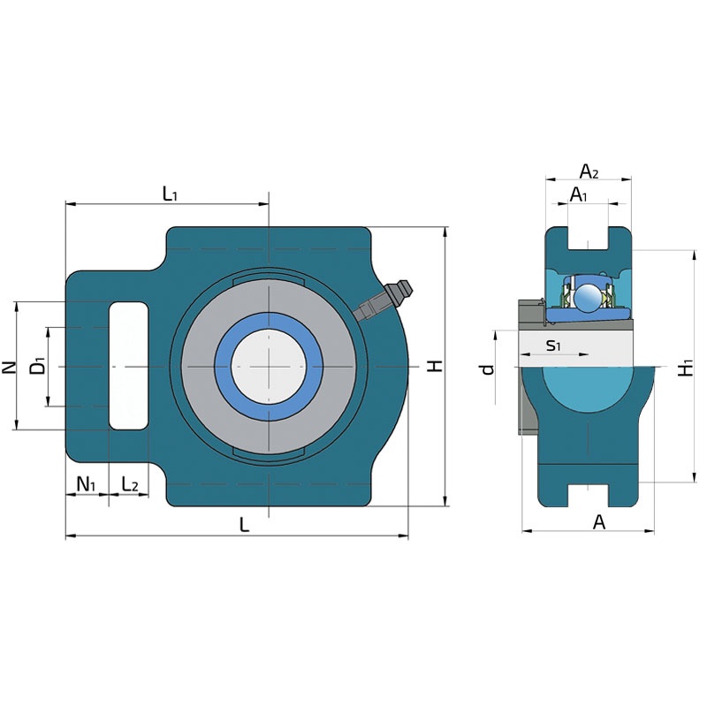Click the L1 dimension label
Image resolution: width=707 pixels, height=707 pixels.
pos(170,194)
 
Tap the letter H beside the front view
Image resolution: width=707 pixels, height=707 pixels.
pos(435,366)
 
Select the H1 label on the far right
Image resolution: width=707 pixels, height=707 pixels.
pos(686,368)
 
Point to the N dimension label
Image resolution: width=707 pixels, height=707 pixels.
pos(9,368)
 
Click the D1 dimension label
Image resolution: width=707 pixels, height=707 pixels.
pos(38,365)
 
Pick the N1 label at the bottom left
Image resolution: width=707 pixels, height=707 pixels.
pos(86,484)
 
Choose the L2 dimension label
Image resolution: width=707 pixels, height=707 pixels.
pos(130,484)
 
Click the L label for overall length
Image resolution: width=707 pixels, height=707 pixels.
pos(244,524)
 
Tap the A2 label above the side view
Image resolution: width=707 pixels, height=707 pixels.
pos(589,171)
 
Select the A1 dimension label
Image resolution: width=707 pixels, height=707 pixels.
pos(579,194)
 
